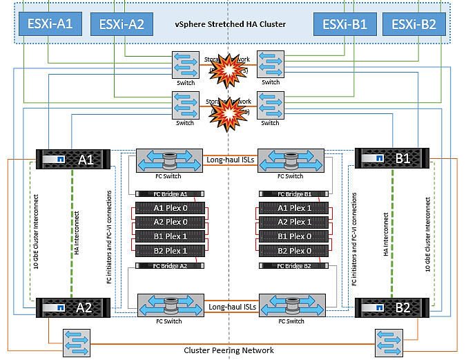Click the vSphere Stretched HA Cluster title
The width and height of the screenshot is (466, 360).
230,25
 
